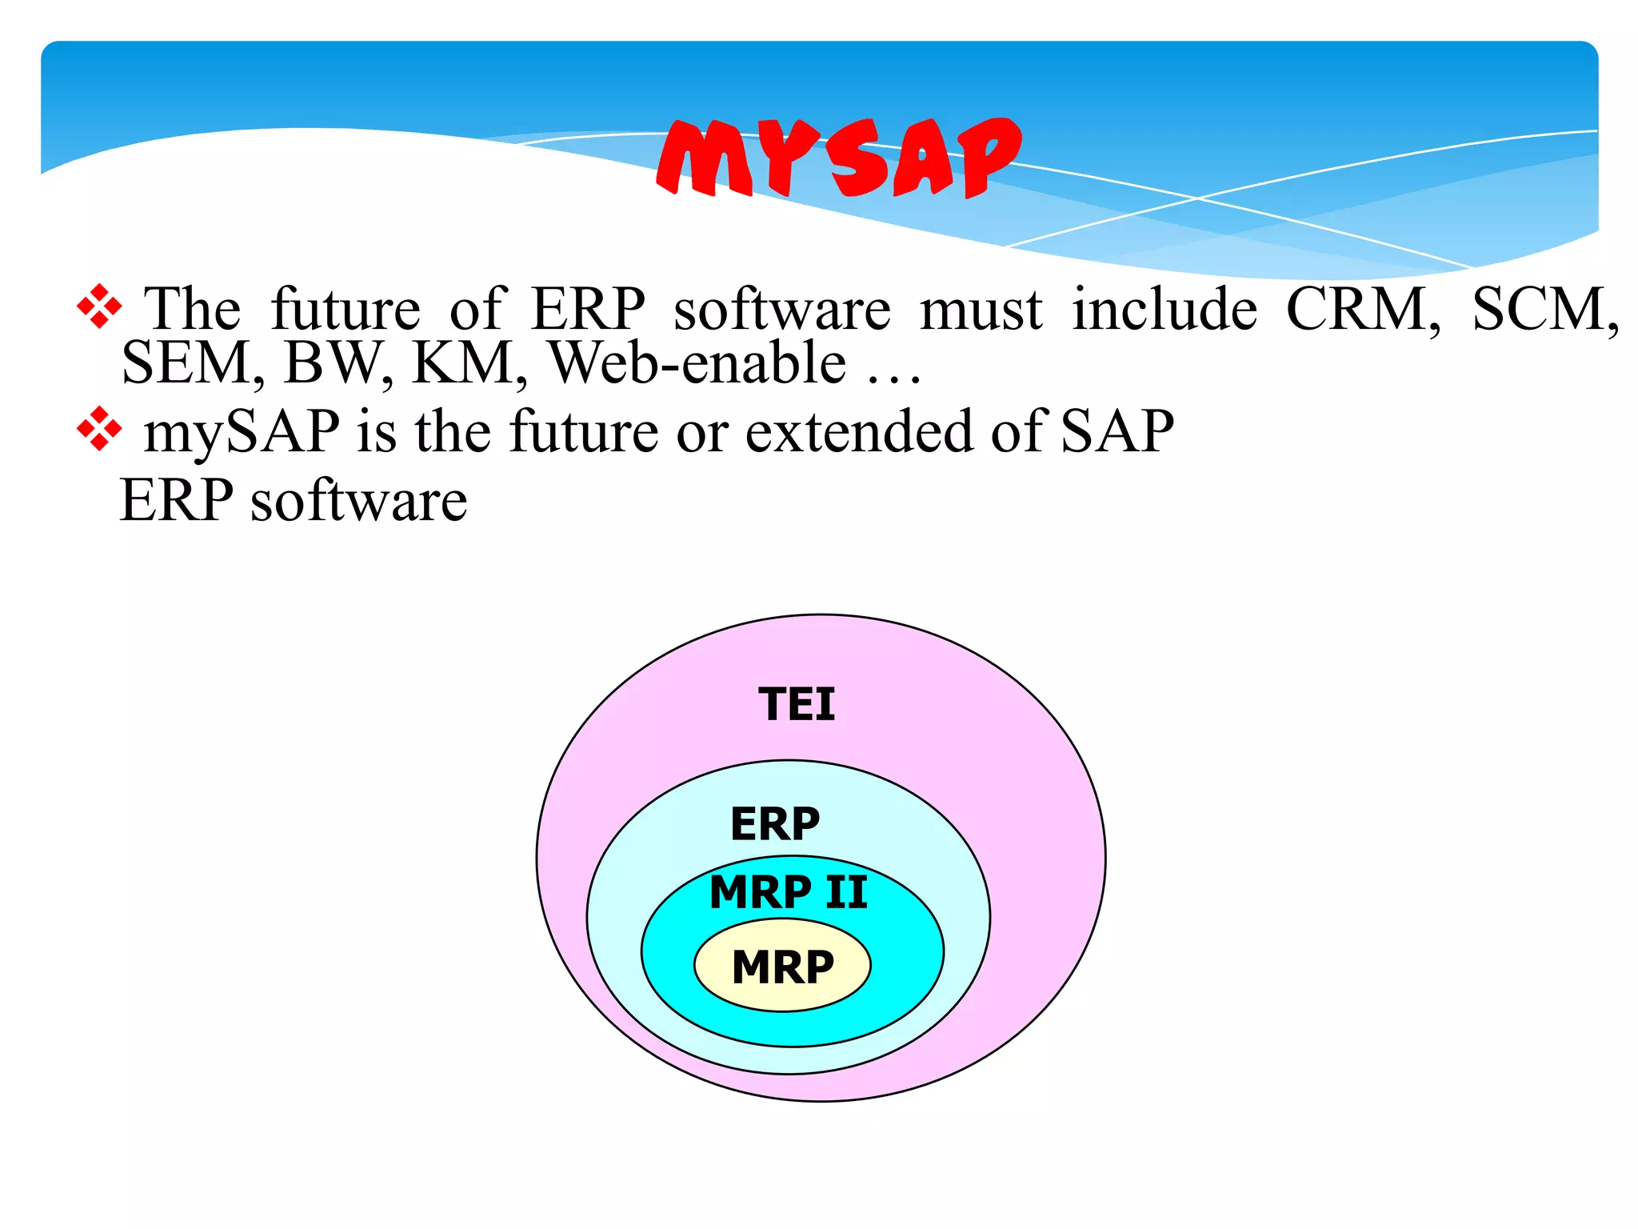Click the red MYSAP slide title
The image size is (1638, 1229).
(838, 158)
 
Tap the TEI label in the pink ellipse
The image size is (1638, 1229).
(796, 704)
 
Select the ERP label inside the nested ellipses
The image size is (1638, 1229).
(775, 823)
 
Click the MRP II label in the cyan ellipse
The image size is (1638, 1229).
(788, 891)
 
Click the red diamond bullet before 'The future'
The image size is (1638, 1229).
(99, 306)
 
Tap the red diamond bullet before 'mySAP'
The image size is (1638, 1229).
(99, 429)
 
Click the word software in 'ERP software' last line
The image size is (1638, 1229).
(359, 502)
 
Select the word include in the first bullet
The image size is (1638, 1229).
(1164, 309)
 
